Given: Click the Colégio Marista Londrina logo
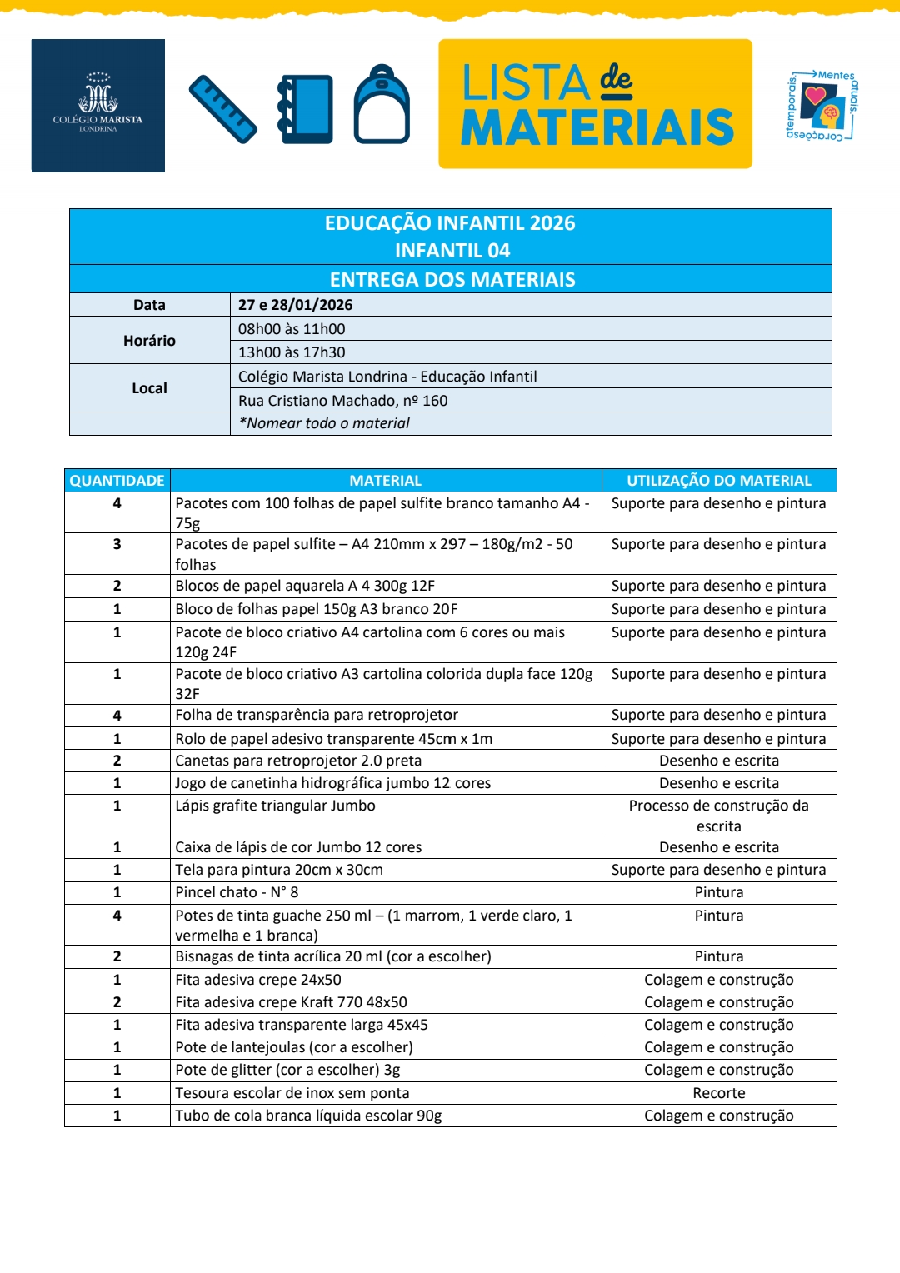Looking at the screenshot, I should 97,106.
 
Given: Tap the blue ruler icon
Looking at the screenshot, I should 222,109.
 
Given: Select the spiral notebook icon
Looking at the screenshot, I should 306,109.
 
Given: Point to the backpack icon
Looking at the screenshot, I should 382,106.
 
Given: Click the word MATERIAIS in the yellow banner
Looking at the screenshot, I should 597,128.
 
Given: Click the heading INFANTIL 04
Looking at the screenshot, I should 452,251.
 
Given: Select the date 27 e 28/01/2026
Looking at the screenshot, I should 296,305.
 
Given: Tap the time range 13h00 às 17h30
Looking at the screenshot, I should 292,352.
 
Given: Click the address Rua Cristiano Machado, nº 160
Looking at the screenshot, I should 343,401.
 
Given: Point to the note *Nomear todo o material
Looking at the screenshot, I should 324,423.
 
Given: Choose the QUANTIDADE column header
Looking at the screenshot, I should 117,481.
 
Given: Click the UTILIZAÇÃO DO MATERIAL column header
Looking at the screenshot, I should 719,481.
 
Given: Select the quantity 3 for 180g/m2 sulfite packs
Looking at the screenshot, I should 117,544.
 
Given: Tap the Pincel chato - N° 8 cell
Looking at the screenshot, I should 237,892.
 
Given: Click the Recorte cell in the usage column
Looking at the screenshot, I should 719,1093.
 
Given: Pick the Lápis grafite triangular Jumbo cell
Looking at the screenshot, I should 275,806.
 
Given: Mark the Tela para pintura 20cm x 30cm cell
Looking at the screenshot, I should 279,870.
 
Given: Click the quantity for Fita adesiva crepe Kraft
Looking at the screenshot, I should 117,1002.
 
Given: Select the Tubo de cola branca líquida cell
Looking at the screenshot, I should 308,1116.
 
